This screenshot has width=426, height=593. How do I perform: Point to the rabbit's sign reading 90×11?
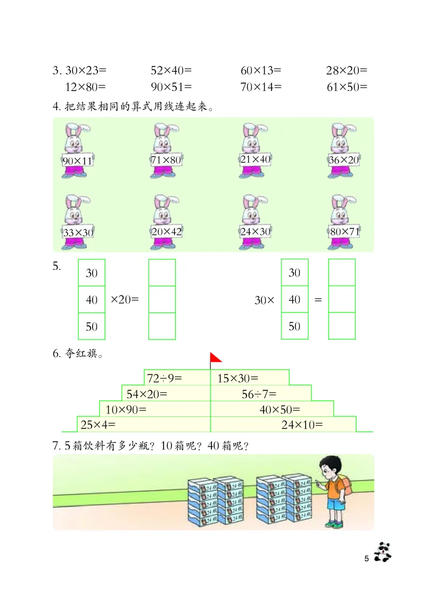pos(77,161)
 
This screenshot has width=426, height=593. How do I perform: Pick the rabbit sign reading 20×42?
pos(166,232)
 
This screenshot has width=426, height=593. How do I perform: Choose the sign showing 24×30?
pos(256,232)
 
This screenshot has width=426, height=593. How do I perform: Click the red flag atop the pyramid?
pos(216,357)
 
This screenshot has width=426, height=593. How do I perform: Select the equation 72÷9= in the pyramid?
pos(165,378)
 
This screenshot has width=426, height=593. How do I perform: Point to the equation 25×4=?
pos(98,424)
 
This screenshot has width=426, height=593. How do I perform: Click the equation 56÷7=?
pos(259,394)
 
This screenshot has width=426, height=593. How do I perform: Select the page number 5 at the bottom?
pos(366,558)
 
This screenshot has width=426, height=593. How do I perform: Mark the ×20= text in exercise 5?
pos(125,300)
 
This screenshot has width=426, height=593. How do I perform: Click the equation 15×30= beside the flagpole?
pos(237,378)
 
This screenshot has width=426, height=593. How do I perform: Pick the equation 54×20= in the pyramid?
pos(145,394)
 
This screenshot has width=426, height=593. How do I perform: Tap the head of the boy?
pos(329,468)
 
